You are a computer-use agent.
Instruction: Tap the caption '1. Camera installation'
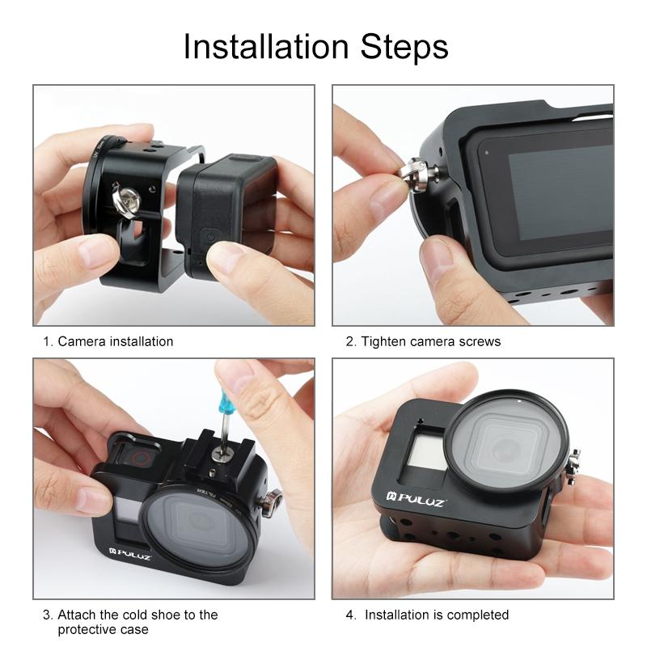[x=108, y=341]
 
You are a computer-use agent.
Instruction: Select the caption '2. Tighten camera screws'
[x=423, y=341]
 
